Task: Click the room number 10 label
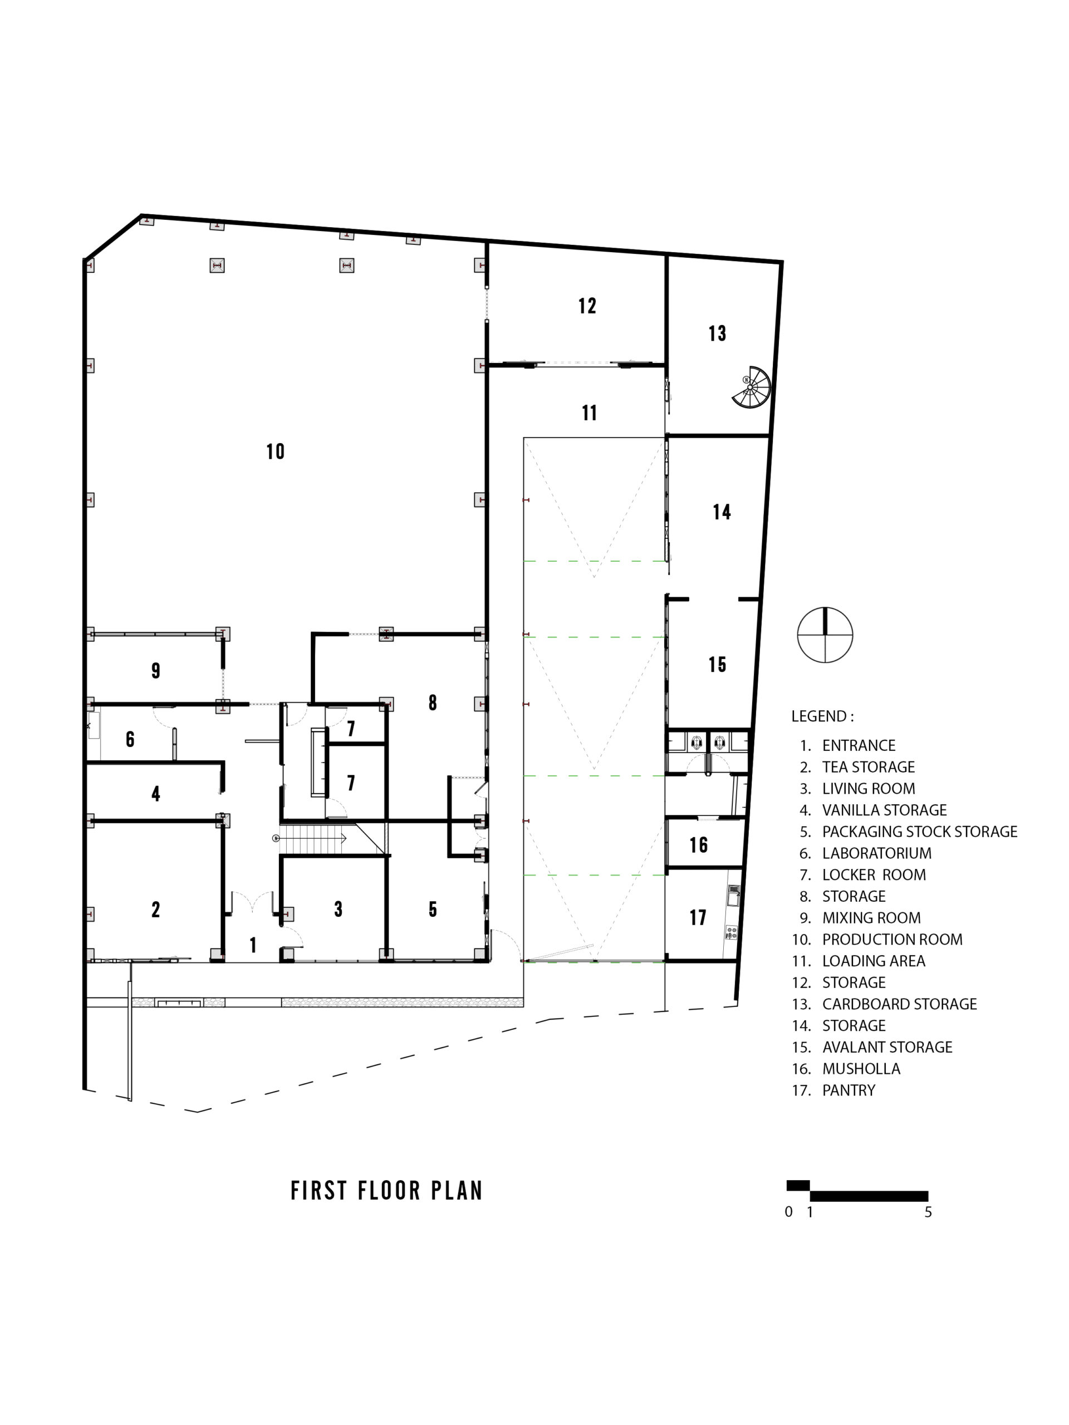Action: [x=275, y=451]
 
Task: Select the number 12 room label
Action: [x=587, y=306]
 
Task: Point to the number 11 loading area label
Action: [x=589, y=413]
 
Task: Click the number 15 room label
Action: [x=717, y=665]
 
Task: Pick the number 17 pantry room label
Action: [x=698, y=917]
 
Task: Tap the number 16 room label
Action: [x=699, y=845]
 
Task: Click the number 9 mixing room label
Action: [x=156, y=671]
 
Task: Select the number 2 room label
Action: [x=156, y=910]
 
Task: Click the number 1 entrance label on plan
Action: [x=253, y=945]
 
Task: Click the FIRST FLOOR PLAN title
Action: [x=386, y=1191]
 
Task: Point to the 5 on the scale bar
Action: [x=928, y=1212]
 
